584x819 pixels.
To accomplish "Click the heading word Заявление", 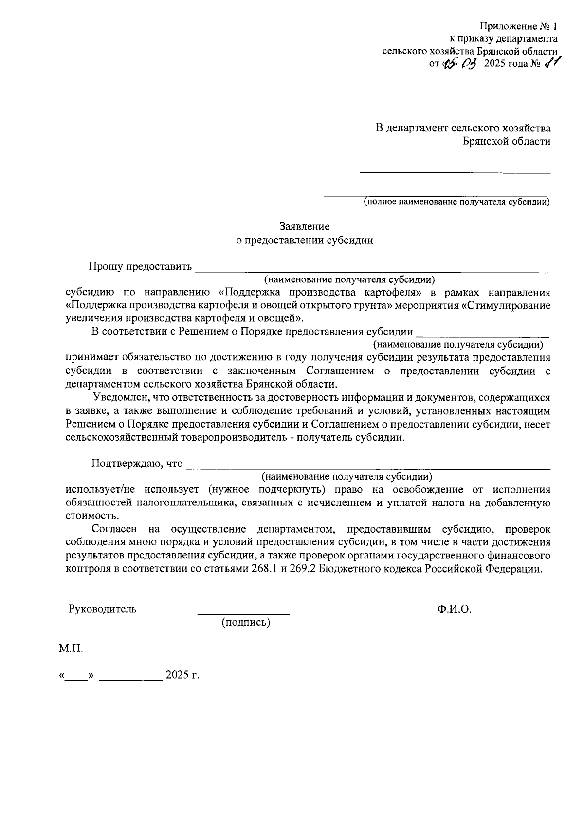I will [304, 226].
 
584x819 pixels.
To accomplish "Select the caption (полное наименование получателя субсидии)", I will [457, 202].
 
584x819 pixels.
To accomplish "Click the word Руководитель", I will [102, 609].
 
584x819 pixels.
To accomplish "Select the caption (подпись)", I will [246, 622].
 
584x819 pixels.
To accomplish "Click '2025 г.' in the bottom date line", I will [182, 676].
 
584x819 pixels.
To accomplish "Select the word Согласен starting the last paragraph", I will [114, 529].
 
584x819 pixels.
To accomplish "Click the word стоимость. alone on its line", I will [91, 516].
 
